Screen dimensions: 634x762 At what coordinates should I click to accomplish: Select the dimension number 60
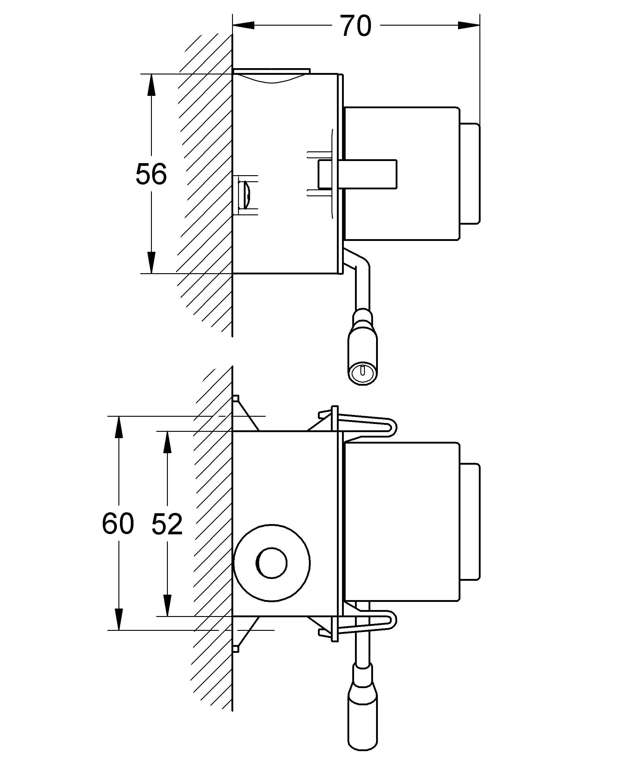coord(118,523)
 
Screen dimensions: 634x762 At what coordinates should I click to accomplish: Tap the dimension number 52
coord(167,523)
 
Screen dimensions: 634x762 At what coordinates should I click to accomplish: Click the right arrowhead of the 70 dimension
coord(469,25)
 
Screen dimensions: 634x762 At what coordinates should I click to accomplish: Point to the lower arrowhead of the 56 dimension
coord(151,262)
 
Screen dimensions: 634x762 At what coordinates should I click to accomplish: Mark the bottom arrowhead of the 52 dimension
coord(167,605)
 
